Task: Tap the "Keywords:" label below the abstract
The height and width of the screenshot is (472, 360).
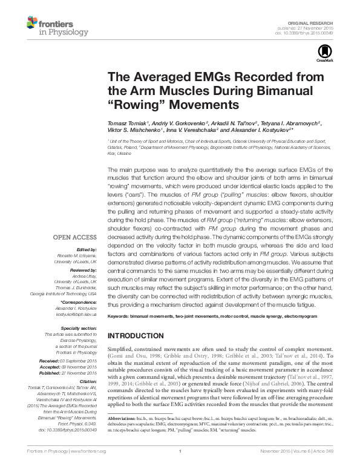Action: [x=120, y=317]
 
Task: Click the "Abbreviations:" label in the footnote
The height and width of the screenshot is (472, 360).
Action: [x=123, y=435]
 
